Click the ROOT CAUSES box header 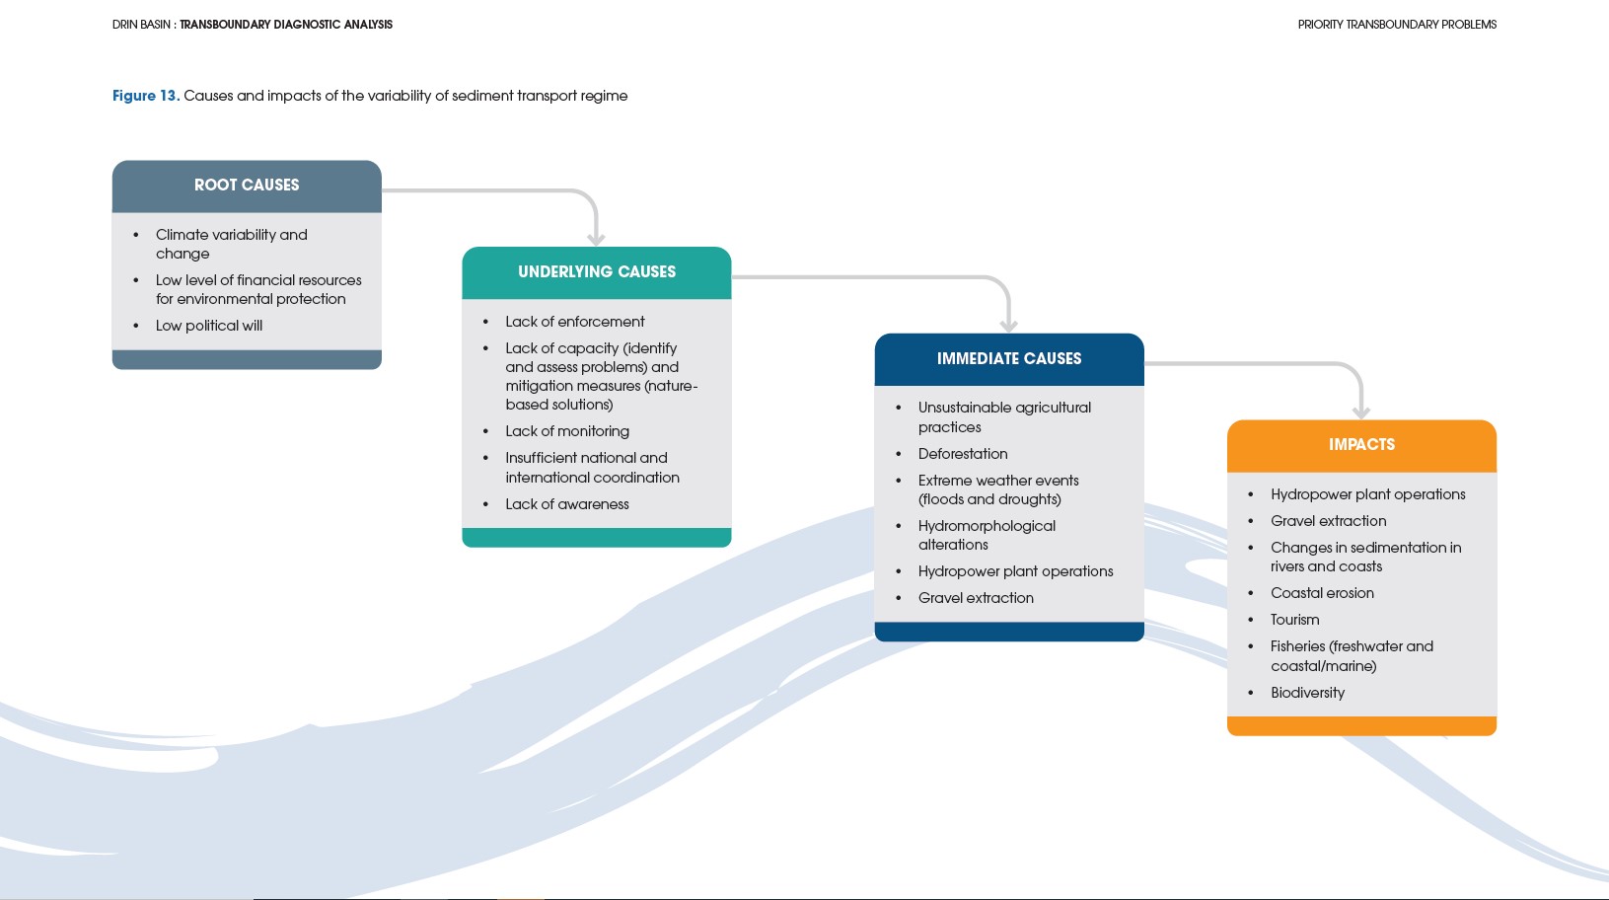tap(247, 186)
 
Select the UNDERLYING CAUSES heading tap(597, 272)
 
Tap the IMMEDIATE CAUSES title tap(1009, 359)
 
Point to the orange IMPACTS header tap(1361, 445)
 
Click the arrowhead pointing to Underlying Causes tap(596, 239)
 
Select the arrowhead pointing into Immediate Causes tap(1008, 326)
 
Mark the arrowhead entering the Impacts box tap(1361, 412)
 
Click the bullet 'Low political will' tap(209, 326)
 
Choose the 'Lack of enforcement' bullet tap(575, 322)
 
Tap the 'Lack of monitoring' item tap(567, 431)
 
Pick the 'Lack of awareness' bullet tap(567, 504)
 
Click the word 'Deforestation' tap(963, 454)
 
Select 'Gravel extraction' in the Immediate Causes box tap(976, 598)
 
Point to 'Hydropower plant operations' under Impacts tap(1367, 494)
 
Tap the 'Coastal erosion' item tap(1322, 593)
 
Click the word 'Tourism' tap(1294, 620)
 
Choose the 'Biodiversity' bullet tap(1307, 693)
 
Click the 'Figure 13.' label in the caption tap(145, 96)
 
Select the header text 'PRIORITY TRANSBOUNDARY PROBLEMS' tap(1397, 25)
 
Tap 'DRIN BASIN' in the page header tap(141, 25)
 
